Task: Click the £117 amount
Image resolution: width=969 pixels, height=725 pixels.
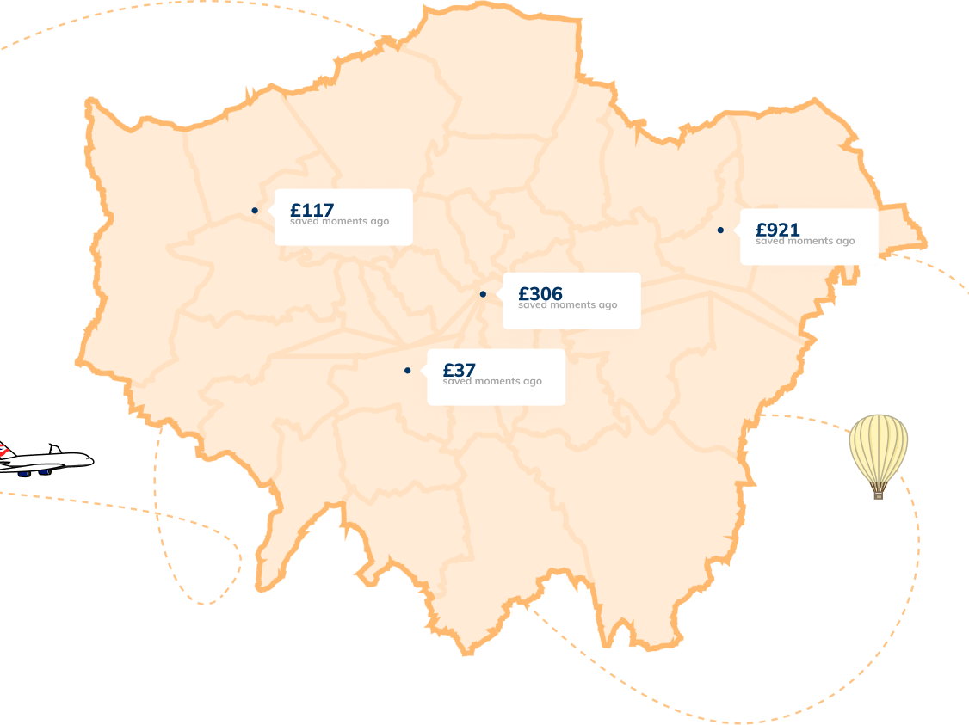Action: (x=312, y=209)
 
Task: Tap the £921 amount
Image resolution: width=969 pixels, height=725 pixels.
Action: (x=777, y=229)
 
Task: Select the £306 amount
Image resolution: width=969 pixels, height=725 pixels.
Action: (x=540, y=293)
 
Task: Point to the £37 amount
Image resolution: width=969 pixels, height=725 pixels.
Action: (x=459, y=370)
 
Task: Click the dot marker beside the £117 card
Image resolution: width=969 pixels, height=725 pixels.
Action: (x=255, y=211)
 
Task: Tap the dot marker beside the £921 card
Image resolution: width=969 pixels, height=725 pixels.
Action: (x=720, y=230)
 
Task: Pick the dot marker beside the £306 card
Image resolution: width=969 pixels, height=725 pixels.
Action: (x=483, y=294)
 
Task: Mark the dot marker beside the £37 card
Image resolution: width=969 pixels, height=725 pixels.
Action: (x=407, y=371)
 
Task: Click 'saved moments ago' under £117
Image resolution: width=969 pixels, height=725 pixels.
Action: (x=339, y=222)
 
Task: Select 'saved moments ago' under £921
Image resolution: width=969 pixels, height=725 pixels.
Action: (x=805, y=242)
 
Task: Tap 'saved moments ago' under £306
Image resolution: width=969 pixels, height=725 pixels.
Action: (x=567, y=305)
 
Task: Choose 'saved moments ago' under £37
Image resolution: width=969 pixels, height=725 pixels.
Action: (x=492, y=382)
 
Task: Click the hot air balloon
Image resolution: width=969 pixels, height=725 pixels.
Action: (x=878, y=447)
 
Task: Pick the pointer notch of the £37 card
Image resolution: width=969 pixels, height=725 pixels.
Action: (x=424, y=371)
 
